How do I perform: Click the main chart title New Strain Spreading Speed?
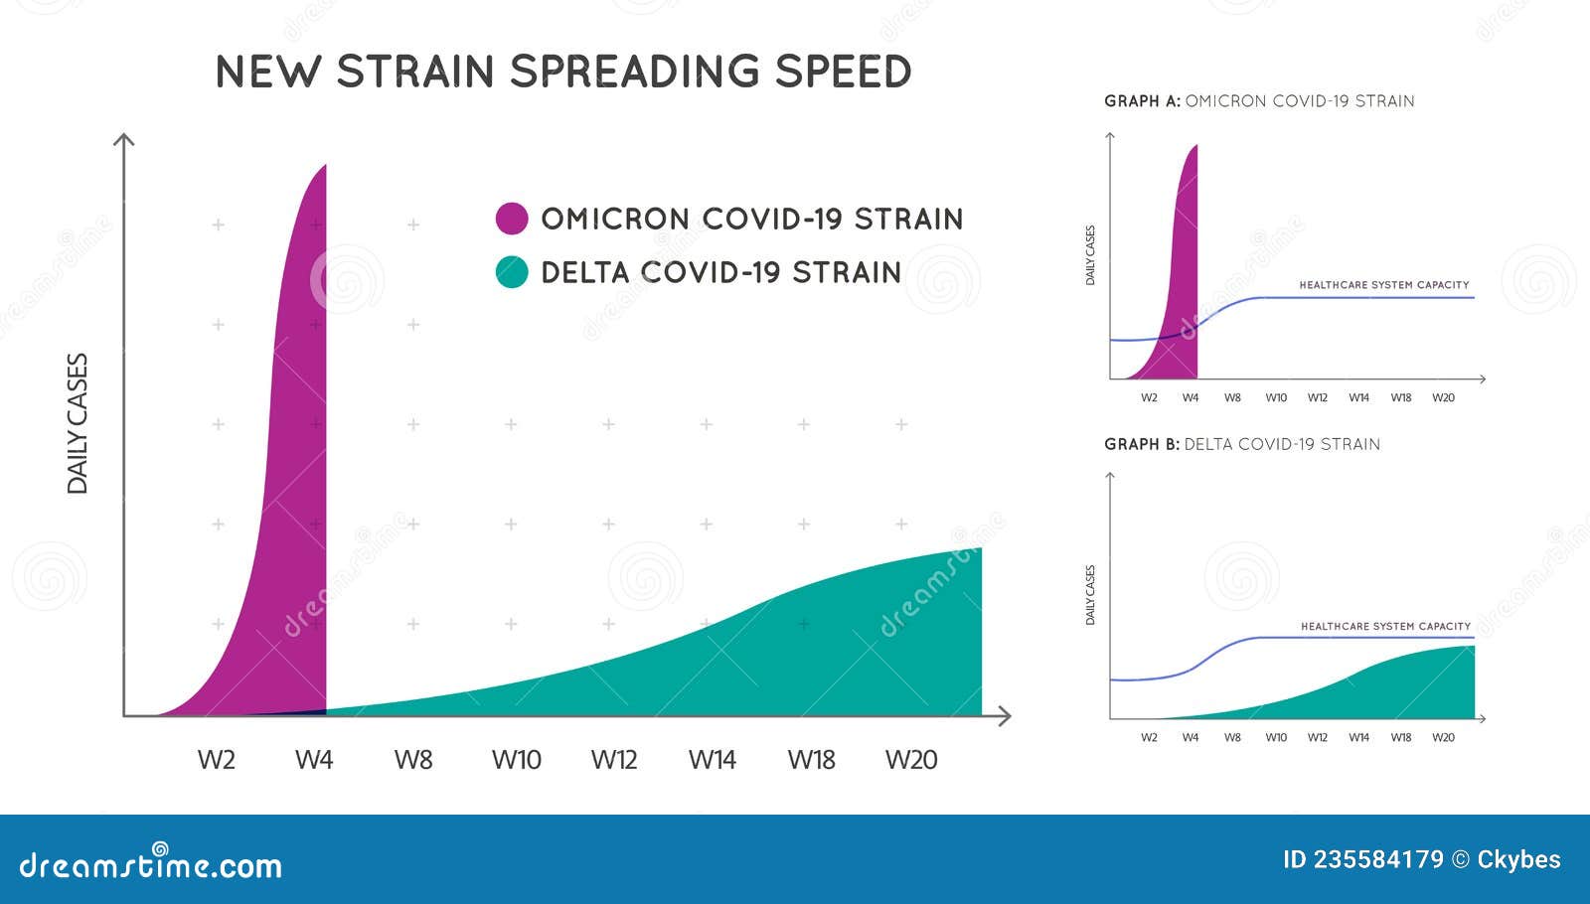[562, 72]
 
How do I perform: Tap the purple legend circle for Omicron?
[512, 219]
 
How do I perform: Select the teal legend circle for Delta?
[512, 272]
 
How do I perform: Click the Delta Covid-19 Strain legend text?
[720, 272]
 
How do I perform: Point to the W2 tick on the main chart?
[216, 760]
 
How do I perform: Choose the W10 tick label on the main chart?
[516, 760]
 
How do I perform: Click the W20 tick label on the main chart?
[910, 760]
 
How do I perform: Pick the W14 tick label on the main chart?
[712, 760]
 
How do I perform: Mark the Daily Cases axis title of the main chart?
[78, 423]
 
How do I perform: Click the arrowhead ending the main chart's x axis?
[1005, 715]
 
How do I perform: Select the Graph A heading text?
[1259, 101]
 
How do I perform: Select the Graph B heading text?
[1241, 444]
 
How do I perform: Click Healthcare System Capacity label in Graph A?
[1383, 285]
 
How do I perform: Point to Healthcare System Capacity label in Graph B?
[1385, 627]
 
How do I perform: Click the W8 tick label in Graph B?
[1232, 738]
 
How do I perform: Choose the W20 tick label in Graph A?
[1443, 398]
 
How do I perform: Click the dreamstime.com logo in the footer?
[151, 864]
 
